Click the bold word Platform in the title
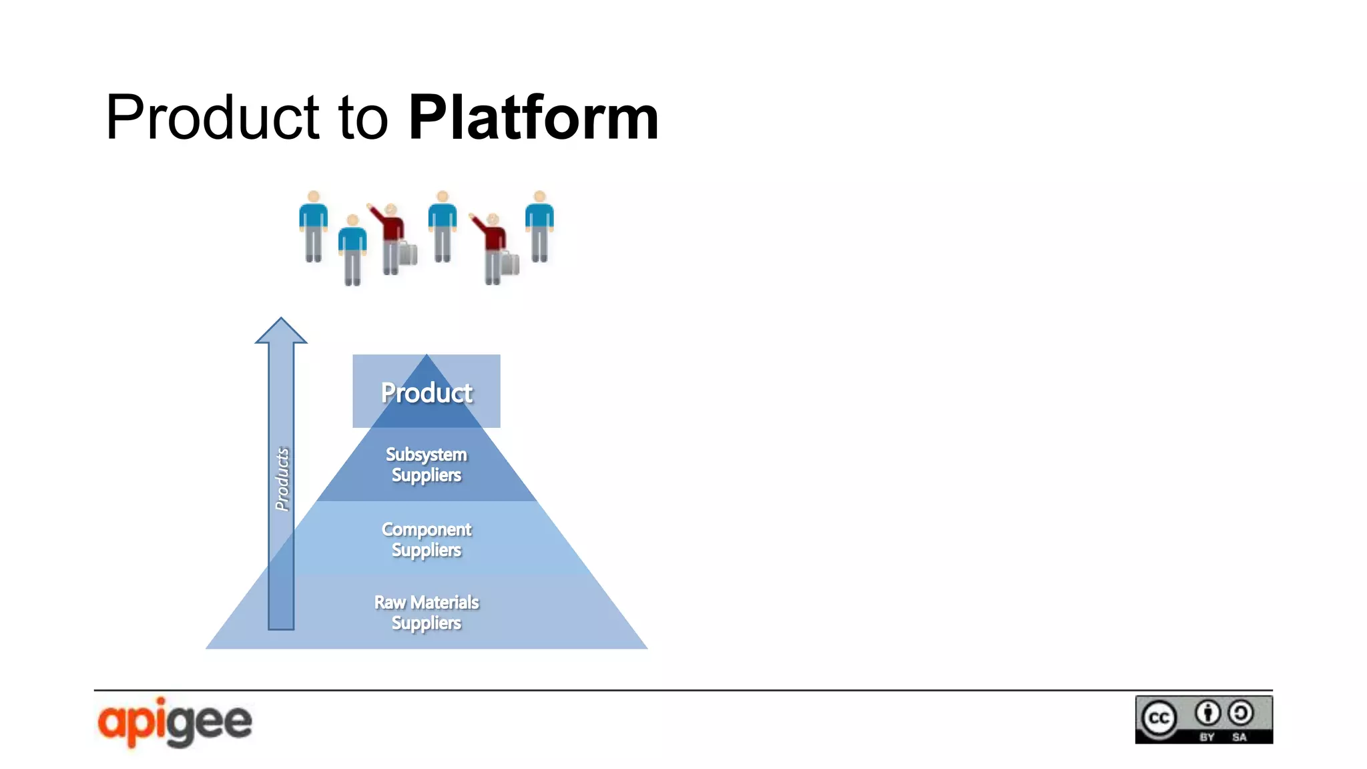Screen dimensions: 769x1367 pyautogui.click(x=533, y=118)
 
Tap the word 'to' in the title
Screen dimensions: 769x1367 pyautogui.click(x=363, y=118)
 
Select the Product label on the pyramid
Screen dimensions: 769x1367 pyautogui.click(x=427, y=393)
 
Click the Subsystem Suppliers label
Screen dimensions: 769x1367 pyautogui.click(x=427, y=465)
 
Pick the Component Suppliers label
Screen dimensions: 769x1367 pyautogui.click(x=427, y=539)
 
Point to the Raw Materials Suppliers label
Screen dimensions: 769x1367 pyautogui.click(x=427, y=612)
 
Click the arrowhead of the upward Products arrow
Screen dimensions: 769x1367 pyautogui.click(x=281, y=331)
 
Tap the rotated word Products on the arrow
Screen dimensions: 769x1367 pyautogui.click(x=282, y=479)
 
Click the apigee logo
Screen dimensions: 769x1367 pyautogui.click(x=175, y=722)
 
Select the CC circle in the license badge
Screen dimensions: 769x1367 pyautogui.click(x=1159, y=718)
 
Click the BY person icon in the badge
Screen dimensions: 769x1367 pyautogui.click(x=1207, y=713)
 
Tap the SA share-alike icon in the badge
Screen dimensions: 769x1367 pyautogui.click(x=1241, y=713)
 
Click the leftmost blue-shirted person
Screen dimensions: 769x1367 pyautogui.click(x=313, y=227)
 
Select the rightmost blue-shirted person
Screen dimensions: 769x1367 pyautogui.click(x=539, y=227)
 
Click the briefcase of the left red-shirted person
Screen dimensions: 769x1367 pyautogui.click(x=408, y=254)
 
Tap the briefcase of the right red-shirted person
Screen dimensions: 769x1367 pyautogui.click(x=510, y=264)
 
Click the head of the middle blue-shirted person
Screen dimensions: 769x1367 pyautogui.click(x=442, y=197)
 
